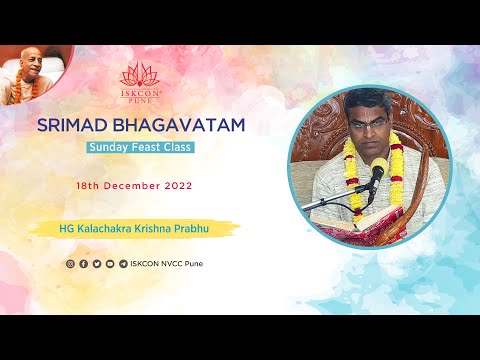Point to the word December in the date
coord(129,187)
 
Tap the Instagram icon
coord(70,264)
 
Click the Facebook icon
coord(83,264)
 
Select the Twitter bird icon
coord(96,264)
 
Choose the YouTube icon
coord(109,264)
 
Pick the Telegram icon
coord(122,264)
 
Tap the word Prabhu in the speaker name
coord(206,228)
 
